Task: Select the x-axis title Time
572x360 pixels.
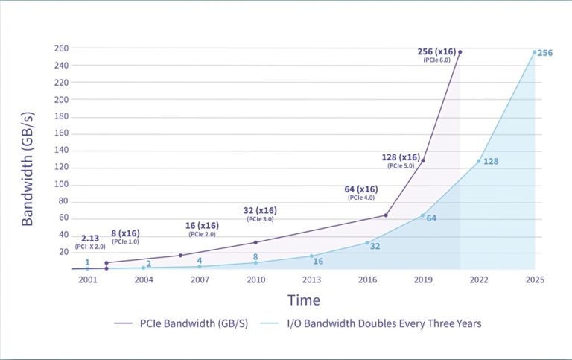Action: pyautogui.click(x=304, y=300)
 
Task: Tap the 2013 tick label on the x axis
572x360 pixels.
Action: pyautogui.click(x=311, y=280)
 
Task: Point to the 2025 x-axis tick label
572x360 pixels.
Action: pyautogui.click(x=534, y=280)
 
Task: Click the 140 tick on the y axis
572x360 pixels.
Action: pyautogui.click(x=62, y=151)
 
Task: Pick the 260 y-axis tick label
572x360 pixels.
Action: pyautogui.click(x=62, y=48)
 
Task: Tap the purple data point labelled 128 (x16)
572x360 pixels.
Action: pyautogui.click(x=423, y=160)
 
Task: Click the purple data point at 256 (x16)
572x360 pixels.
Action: pyautogui.click(x=460, y=52)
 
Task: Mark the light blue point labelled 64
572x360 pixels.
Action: pyautogui.click(x=423, y=215)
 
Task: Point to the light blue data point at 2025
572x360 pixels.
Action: pyautogui.click(x=534, y=52)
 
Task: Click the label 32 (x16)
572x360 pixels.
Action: pyautogui.click(x=260, y=210)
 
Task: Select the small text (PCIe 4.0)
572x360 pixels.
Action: pyautogui.click(x=360, y=198)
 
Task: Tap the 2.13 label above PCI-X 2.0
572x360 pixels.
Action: pyautogui.click(x=90, y=238)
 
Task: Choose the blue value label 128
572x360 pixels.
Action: pyautogui.click(x=490, y=162)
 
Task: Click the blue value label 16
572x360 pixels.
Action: pyautogui.click(x=318, y=262)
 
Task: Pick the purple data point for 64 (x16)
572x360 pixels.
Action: pyautogui.click(x=386, y=215)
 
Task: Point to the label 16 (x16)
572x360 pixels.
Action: pyautogui.click(x=202, y=226)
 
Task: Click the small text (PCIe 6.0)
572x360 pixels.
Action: pyautogui.click(x=436, y=60)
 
